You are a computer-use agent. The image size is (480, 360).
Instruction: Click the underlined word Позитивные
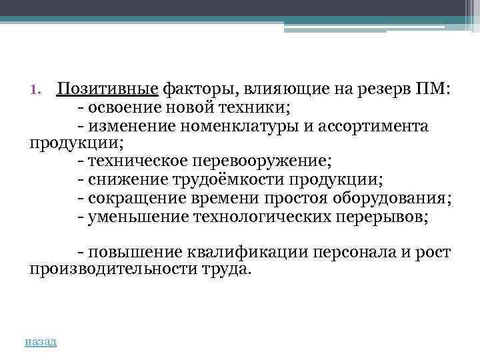coord(107,90)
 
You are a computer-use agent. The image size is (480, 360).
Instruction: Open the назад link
coord(41,341)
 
